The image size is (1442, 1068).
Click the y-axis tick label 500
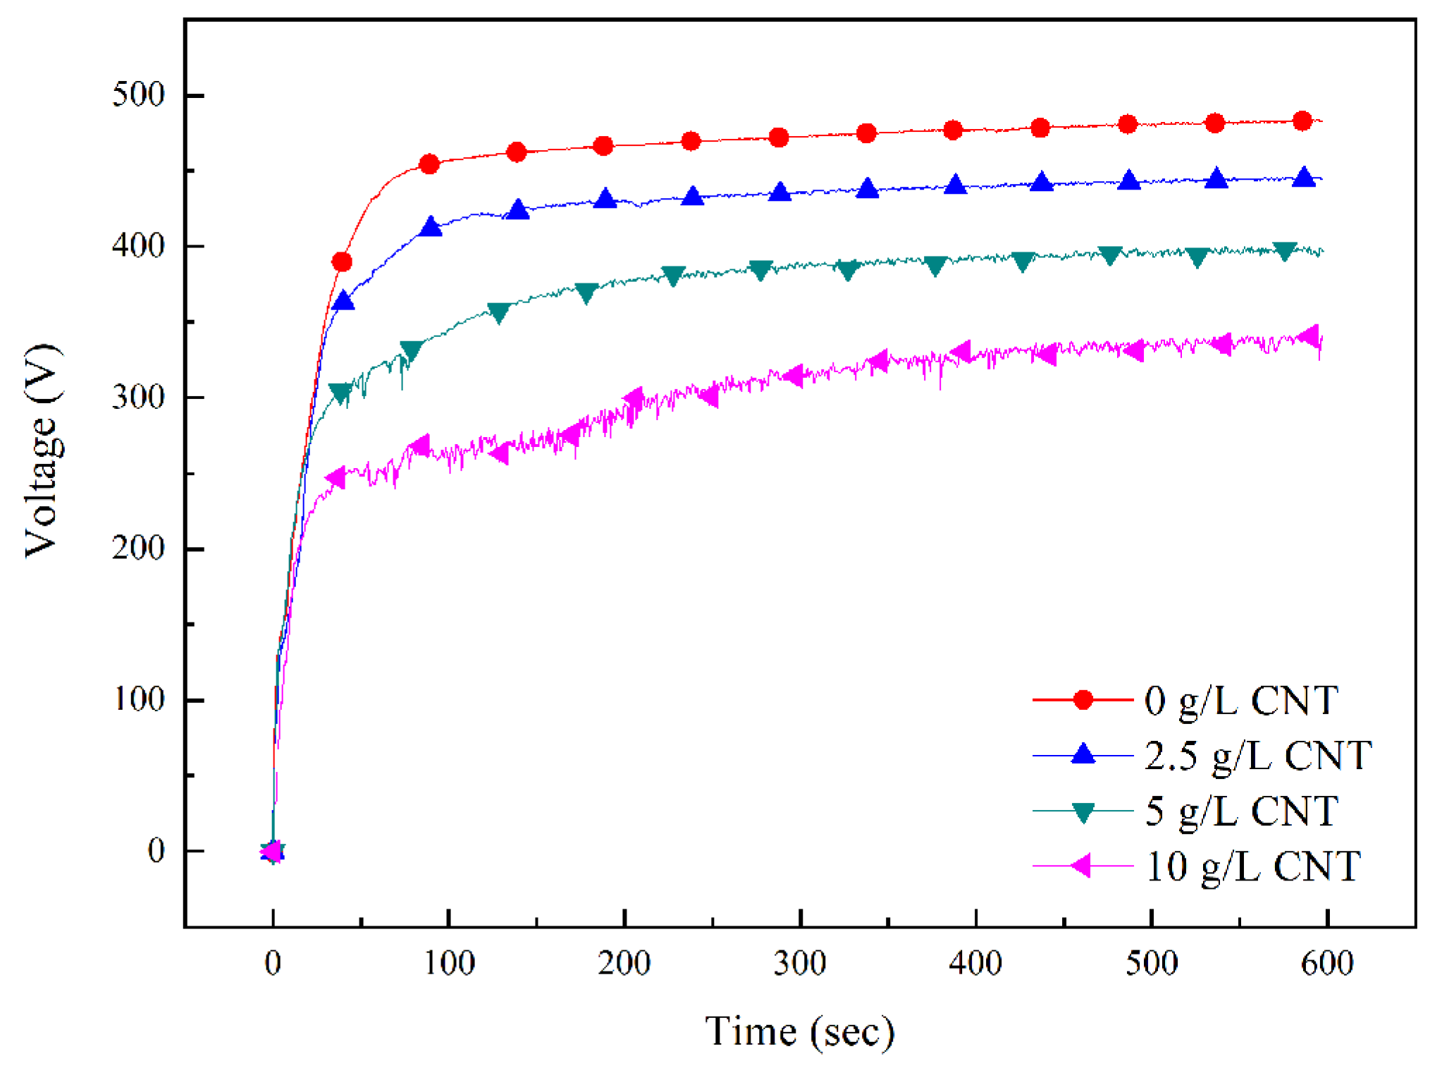coord(138,94)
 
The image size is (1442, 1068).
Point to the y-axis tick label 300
coord(138,396)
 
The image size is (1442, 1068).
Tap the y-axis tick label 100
coord(138,699)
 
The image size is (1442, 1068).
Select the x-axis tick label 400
coord(975,962)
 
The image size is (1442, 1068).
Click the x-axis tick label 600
coord(1326,962)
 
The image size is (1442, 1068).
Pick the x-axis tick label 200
coord(624,962)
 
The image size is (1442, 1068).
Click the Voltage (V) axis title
coord(42,451)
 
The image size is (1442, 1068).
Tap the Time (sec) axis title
coord(799,1031)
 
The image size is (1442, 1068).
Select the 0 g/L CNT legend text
coord(1240,700)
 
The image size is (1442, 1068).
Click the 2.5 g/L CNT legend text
coord(1258,755)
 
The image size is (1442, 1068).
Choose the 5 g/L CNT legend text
coord(1240,811)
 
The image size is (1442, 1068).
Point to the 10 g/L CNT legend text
coord(1252,866)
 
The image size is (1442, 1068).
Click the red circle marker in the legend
coord(1083,700)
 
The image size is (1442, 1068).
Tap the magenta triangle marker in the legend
coord(1081,866)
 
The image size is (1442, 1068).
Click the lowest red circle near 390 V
coord(342,262)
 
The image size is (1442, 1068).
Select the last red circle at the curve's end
coord(1302,121)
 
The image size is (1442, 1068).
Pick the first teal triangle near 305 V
coord(340,393)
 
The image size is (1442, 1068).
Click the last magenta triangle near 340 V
coord(1309,336)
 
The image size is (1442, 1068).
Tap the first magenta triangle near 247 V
coord(335,477)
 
